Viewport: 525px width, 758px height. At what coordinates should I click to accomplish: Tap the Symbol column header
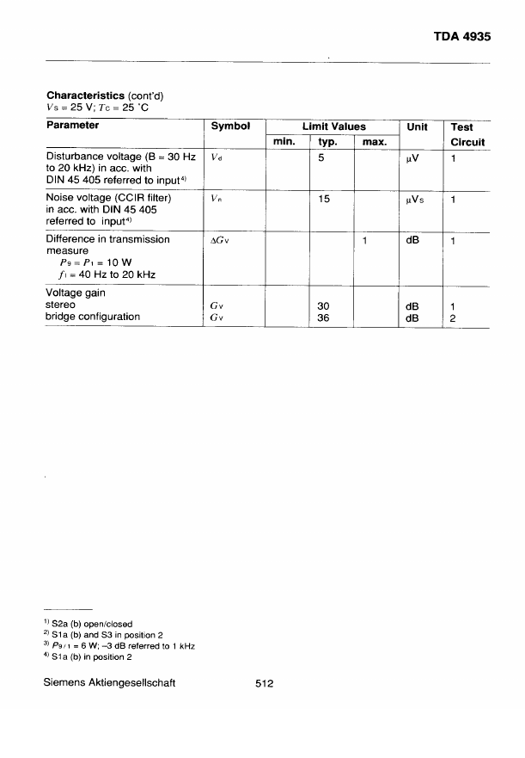[230, 126]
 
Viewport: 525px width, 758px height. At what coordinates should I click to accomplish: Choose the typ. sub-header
[327, 142]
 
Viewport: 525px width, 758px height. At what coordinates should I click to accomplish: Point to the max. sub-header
[372, 142]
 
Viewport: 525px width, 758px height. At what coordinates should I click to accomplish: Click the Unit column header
[417, 126]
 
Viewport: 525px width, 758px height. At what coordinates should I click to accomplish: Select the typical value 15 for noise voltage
[324, 199]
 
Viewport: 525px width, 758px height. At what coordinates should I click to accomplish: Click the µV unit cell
[412, 157]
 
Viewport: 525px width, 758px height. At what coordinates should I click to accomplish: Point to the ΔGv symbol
[220, 240]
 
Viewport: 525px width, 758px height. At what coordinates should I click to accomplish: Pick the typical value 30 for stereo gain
[324, 305]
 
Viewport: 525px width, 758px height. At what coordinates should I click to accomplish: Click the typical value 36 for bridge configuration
[324, 317]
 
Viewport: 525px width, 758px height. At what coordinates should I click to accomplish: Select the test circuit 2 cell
[452, 317]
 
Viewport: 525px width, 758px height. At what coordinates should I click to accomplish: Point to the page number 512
[264, 684]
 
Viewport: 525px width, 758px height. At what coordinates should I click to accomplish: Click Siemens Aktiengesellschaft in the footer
[111, 684]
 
